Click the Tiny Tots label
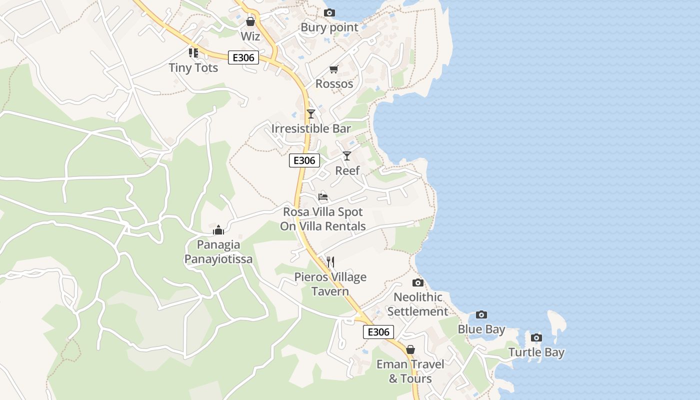tap(193, 67)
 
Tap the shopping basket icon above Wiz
tap(250, 21)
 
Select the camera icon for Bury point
tap(329, 12)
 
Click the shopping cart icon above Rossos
tap(333, 69)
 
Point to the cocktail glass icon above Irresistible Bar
tap(311, 113)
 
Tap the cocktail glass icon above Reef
tap(347, 155)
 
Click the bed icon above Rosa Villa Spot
tap(323, 197)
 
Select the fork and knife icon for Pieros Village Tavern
tap(330, 261)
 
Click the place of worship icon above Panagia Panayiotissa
tap(218, 230)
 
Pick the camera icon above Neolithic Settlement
tap(418, 282)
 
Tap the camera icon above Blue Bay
tap(481, 314)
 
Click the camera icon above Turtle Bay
tap(536, 337)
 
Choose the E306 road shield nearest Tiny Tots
tap(243, 57)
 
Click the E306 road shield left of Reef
tap(304, 160)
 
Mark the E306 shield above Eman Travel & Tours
tap(378, 332)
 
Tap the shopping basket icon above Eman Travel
tap(410, 349)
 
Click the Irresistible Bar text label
tap(311, 128)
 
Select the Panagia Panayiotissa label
tap(218, 252)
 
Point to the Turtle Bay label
tap(536, 352)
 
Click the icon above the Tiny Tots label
tap(193, 52)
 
